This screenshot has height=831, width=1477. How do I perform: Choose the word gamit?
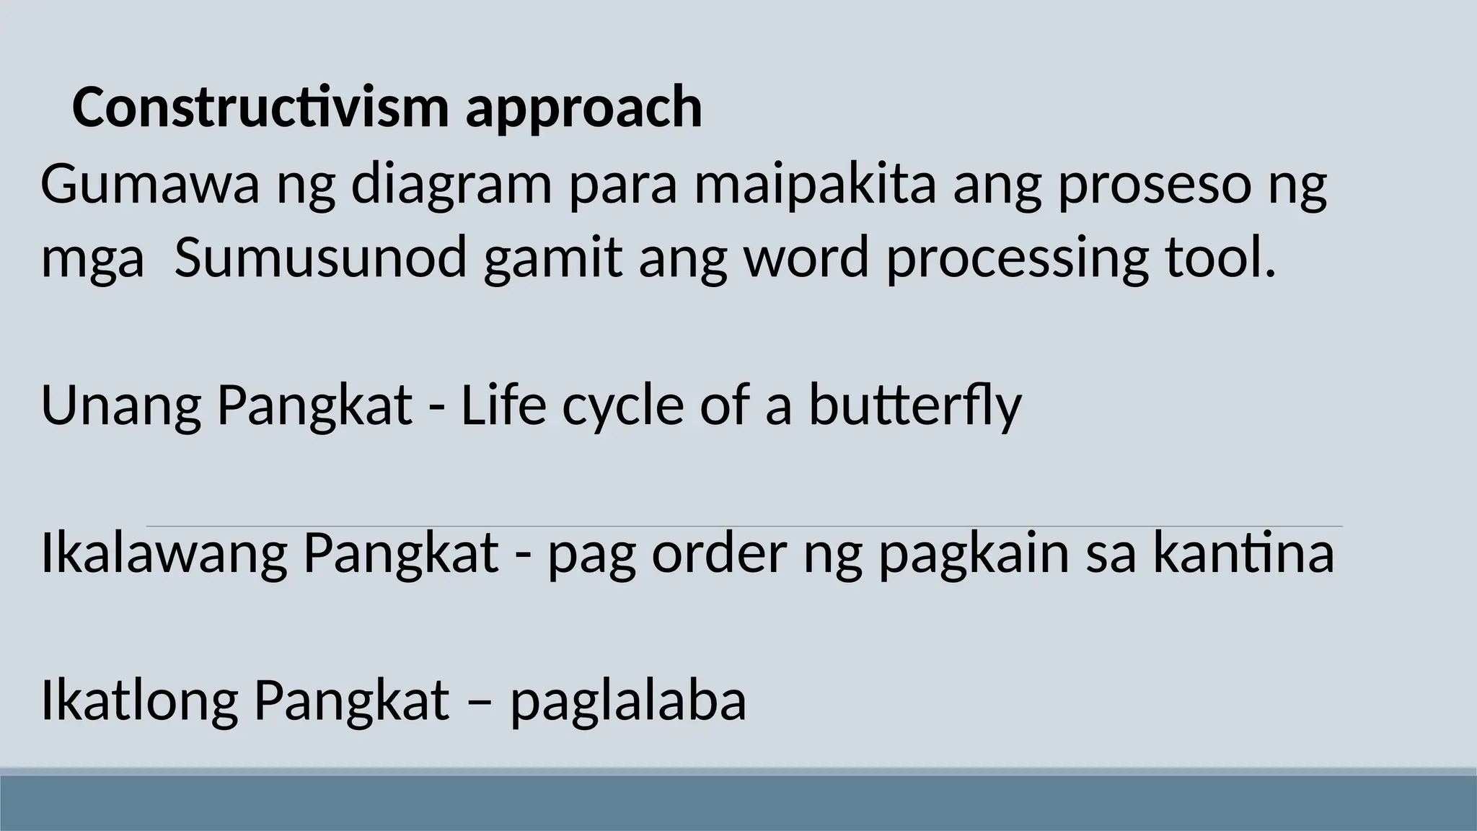click(x=552, y=259)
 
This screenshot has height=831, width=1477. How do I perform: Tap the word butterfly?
click(x=914, y=405)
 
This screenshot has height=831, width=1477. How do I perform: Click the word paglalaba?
click(x=628, y=703)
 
